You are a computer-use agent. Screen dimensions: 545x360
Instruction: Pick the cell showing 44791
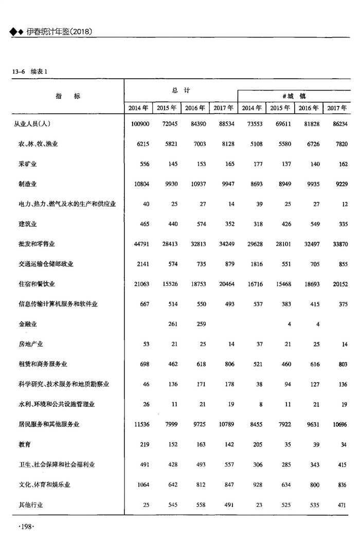click(x=140, y=244)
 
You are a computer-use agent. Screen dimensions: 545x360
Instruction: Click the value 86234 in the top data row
click(x=337, y=124)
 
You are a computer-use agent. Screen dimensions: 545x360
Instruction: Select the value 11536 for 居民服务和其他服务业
click(x=140, y=425)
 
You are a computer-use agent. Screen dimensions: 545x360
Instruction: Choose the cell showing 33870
click(x=337, y=244)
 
